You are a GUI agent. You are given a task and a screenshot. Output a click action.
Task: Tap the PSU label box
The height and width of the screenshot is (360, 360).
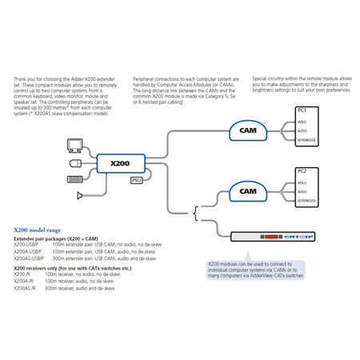pos(137,181)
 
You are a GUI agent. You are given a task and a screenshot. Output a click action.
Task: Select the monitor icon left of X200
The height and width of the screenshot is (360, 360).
pos(74,145)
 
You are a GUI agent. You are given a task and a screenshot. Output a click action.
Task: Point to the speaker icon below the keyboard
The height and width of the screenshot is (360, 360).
pos(78,194)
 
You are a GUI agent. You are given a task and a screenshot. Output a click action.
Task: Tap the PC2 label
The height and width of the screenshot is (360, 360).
pos(302,171)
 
